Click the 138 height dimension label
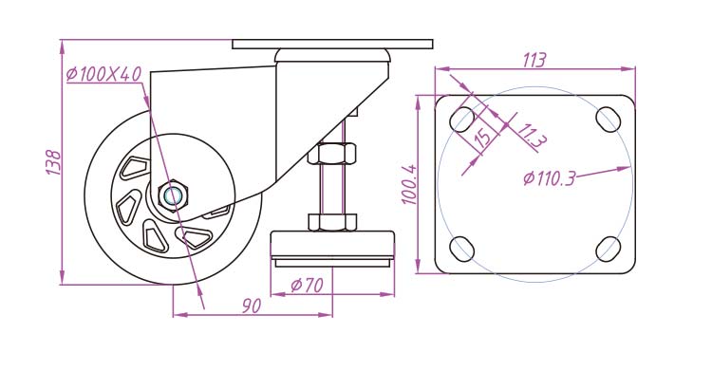pos(53,162)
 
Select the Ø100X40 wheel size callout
pos(104,74)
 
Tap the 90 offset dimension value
pos(252,306)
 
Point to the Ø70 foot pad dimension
pos(307,286)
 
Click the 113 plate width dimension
pos(534,60)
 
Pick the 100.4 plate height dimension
pos(409,184)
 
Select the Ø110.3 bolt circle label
pos(549,178)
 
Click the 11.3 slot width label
pos(531,136)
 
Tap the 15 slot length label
pos(482,136)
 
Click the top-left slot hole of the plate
pos(461,120)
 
